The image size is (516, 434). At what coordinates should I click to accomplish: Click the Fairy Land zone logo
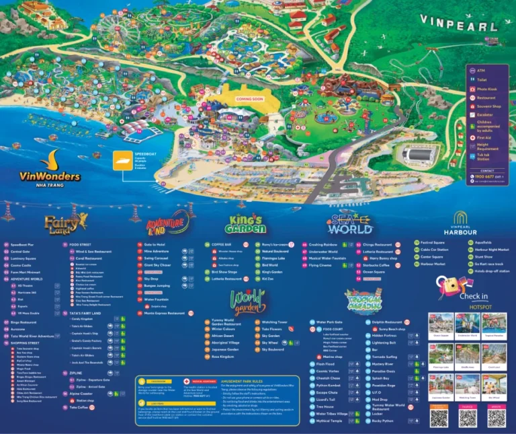click(66, 222)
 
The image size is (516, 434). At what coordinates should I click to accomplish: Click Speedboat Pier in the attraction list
click(23, 244)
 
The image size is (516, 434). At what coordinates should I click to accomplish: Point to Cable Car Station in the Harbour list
click(433, 250)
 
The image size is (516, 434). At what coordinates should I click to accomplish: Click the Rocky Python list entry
click(384, 421)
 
